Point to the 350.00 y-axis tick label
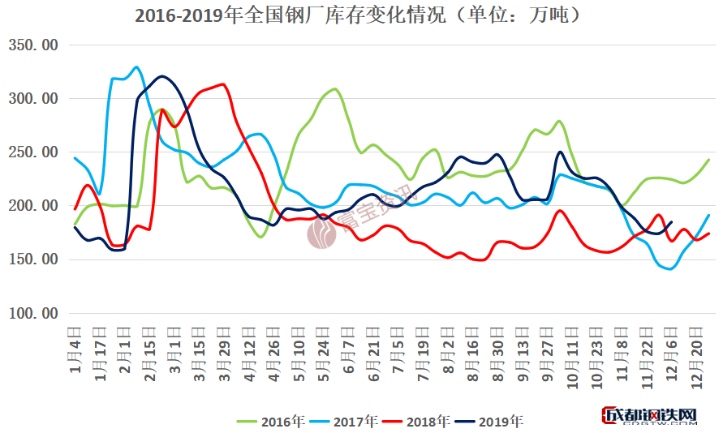pos(32,45)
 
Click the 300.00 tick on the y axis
pos(32,99)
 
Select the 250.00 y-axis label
pos(32,152)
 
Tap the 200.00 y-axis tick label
pos(32,206)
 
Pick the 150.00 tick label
pos(32,259)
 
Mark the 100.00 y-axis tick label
pos(32,313)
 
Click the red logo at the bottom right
pos(649,417)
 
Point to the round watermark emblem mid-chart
pos(322,233)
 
